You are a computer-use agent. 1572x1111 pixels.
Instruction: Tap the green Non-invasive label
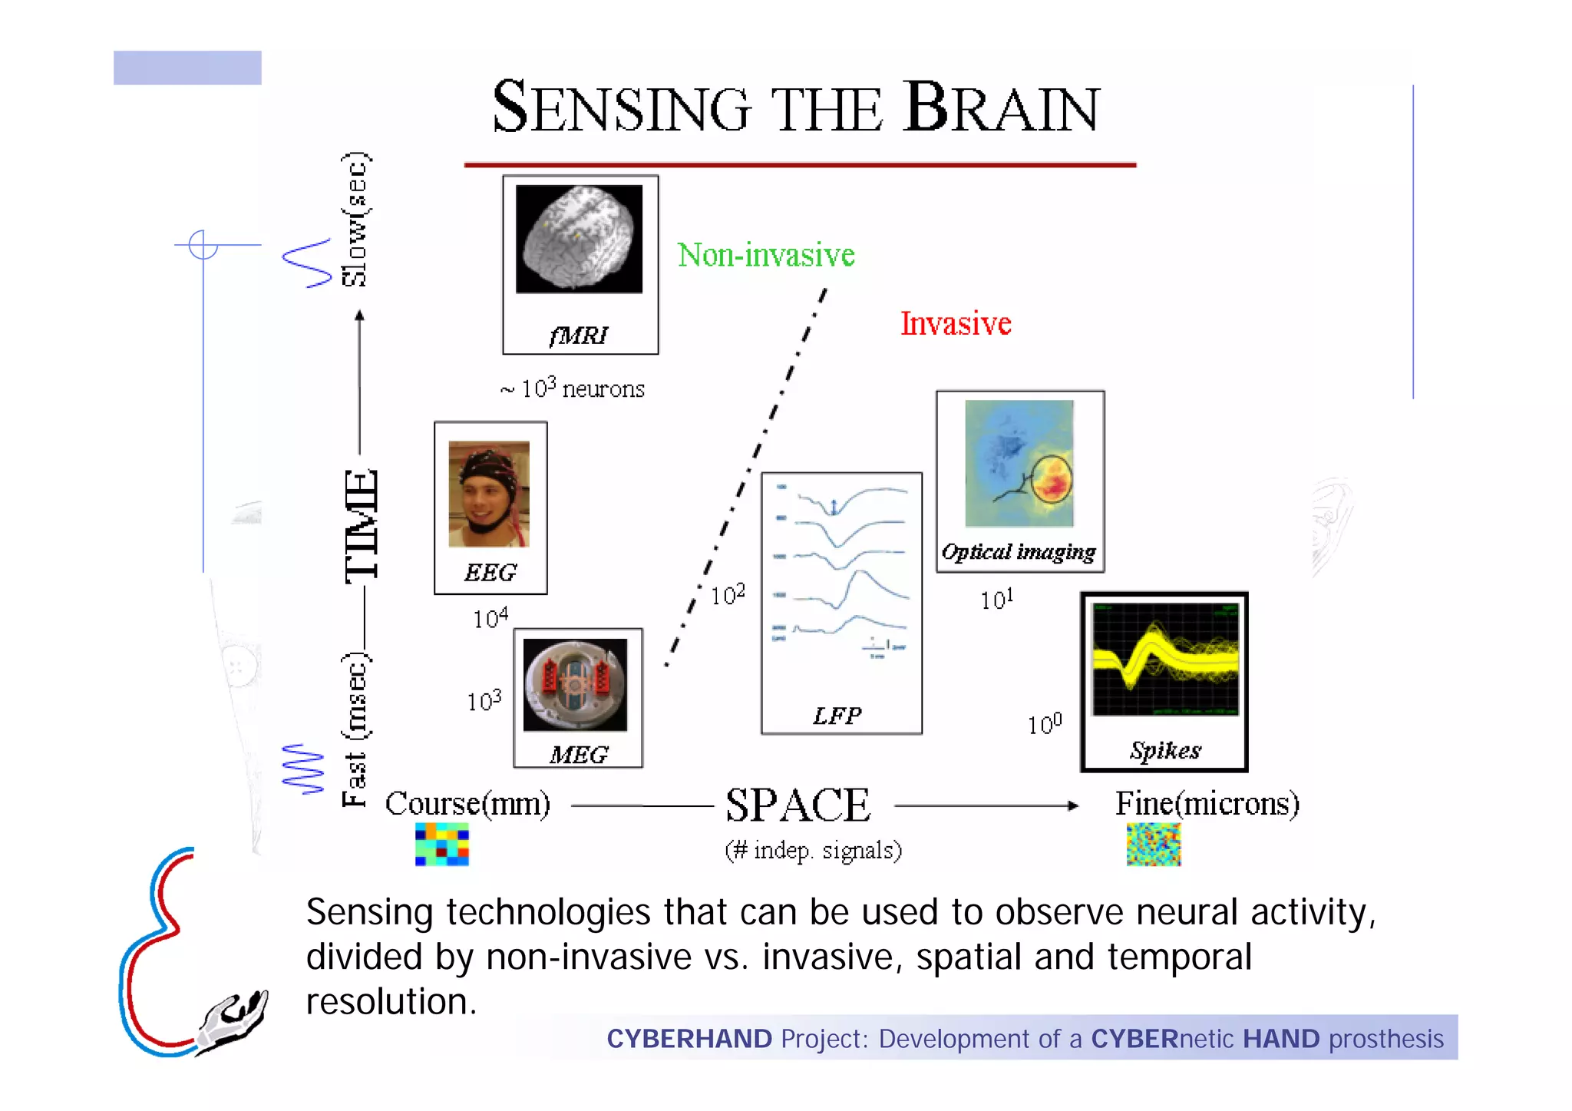point(765,255)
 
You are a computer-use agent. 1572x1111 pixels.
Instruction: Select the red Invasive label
point(955,323)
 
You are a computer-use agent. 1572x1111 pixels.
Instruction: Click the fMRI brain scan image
point(579,239)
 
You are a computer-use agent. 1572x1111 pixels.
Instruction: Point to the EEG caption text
point(490,573)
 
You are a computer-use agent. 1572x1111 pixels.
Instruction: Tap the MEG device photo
point(575,684)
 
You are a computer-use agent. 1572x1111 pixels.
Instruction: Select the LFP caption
point(837,716)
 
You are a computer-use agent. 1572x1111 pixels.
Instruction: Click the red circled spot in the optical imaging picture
point(1052,480)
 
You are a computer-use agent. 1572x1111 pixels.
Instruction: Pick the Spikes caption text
point(1164,750)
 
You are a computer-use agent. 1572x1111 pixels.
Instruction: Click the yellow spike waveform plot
point(1164,659)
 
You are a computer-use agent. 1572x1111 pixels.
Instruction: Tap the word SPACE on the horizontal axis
point(798,805)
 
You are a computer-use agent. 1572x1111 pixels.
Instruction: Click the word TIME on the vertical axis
point(361,526)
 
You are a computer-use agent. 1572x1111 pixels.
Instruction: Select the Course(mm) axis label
point(467,804)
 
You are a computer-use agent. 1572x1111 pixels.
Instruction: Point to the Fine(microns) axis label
point(1207,804)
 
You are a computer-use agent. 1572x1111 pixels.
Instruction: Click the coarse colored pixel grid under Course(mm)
point(441,844)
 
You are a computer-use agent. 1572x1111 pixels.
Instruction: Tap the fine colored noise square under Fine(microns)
point(1153,844)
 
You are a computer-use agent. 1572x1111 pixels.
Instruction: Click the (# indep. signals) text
point(813,850)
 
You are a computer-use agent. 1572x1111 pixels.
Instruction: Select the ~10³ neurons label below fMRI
point(573,389)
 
